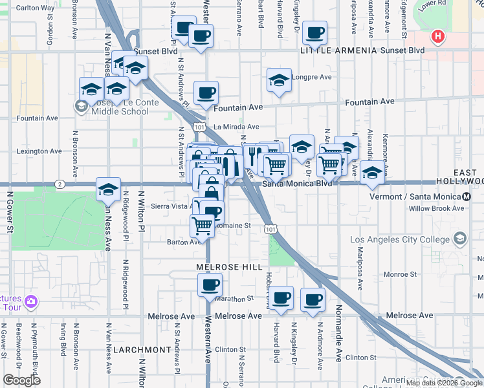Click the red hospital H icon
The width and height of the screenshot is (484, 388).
pos(438,36)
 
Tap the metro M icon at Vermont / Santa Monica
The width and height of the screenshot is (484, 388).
pos(467,197)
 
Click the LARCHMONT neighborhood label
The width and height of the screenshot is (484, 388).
pos(142,349)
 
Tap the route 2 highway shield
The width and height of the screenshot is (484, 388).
pos(59,184)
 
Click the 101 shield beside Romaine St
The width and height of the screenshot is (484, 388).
pos(270,228)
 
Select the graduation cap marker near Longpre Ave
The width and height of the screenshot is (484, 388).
pos(279,80)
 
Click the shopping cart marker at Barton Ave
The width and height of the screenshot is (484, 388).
pos(202,226)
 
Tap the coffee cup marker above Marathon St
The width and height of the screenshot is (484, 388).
pos(208,285)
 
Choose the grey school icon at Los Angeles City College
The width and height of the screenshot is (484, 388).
pos(459,239)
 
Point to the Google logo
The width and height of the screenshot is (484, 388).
pos(22,380)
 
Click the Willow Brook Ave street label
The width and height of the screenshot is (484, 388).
pos(436,208)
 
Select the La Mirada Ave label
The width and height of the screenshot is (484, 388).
pos(236,127)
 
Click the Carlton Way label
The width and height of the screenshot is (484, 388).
pos(35,8)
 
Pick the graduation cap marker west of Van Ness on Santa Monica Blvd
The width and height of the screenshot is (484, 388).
pos(108,189)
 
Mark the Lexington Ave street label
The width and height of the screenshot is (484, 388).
pos(40,151)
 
